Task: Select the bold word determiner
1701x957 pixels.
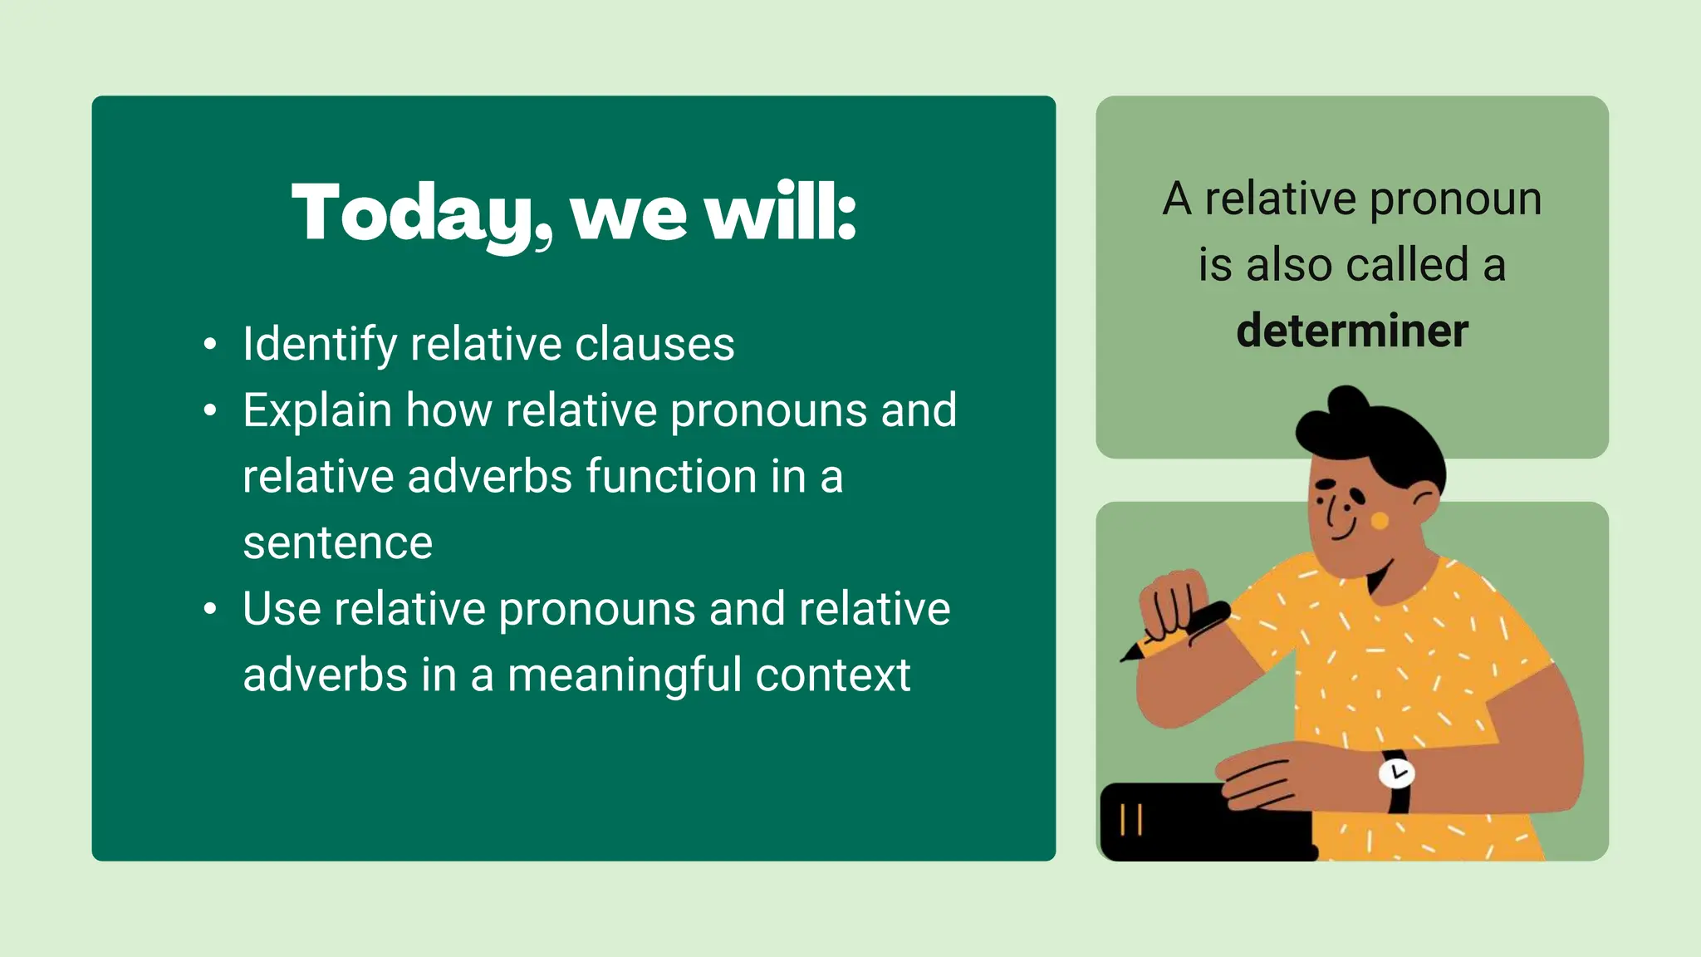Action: click(1351, 331)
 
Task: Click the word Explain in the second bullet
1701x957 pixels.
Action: click(317, 411)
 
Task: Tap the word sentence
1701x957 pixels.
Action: click(338, 543)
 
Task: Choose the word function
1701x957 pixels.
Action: click(671, 477)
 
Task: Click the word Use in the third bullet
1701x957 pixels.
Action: click(282, 609)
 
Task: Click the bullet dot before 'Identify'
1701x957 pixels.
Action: click(210, 345)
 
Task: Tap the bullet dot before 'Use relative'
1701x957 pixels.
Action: click(210, 609)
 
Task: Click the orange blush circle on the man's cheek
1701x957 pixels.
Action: click(1379, 521)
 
